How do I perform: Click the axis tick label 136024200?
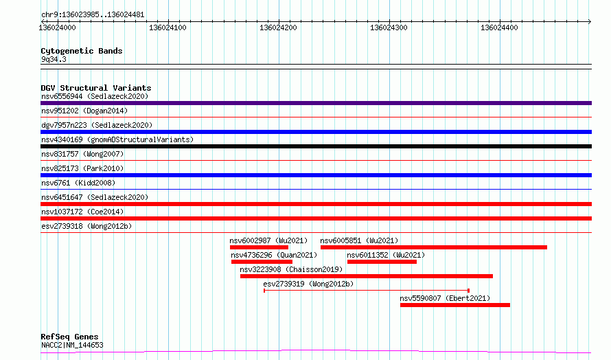pyautogui.click(x=278, y=27)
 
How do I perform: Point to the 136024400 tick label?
pyautogui.click(x=499, y=27)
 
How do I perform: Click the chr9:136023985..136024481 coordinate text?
pyautogui.click(x=93, y=15)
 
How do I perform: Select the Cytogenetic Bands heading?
pyautogui.click(x=82, y=51)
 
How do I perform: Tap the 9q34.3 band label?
pyautogui.click(x=54, y=59)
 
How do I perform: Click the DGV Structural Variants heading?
pyautogui.click(x=96, y=88)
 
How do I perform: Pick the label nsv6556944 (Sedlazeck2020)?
pyautogui.click(x=95, y=96)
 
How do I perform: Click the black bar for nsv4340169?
pyautogui.click(x=316, y=146)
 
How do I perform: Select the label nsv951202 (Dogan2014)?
pyautogui.click(x=84, y=111)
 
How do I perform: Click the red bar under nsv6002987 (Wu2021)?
pyautogui.click(x=259, y=247)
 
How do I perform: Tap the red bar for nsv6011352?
pyautogui.click(x=382, y=262)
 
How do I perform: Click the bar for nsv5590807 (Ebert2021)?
pyautogui.click(x=455, y=305)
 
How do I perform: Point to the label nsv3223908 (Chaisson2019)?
pyautogui.click(x=291, y=269)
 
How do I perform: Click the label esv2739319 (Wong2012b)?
pyautogui.click(x=308, y=284)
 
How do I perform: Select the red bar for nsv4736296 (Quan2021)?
pyautogui.click(x=262, y=262)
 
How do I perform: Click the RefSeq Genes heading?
pyautogui.click(x=69, y=337)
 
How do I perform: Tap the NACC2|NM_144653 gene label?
pyautogui.click(x=72, y=345)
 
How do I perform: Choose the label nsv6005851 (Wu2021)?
pyautogui.click(x=359, y=240)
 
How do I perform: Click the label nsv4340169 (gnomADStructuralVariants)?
pyautogui.click(x=117, y=139)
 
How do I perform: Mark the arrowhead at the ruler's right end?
pyautogui.click(x=590, y=21)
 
